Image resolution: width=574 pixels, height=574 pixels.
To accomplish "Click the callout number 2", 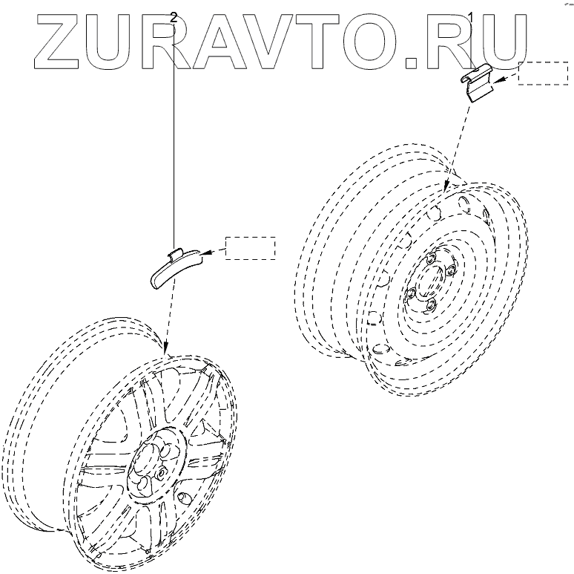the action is point(174,16).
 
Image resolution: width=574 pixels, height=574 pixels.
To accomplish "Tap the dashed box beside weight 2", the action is point(250,247).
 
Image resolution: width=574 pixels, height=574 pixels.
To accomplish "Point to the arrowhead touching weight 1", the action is point(499,79).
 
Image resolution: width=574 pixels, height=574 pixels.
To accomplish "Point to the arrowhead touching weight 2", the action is point(206,253).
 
